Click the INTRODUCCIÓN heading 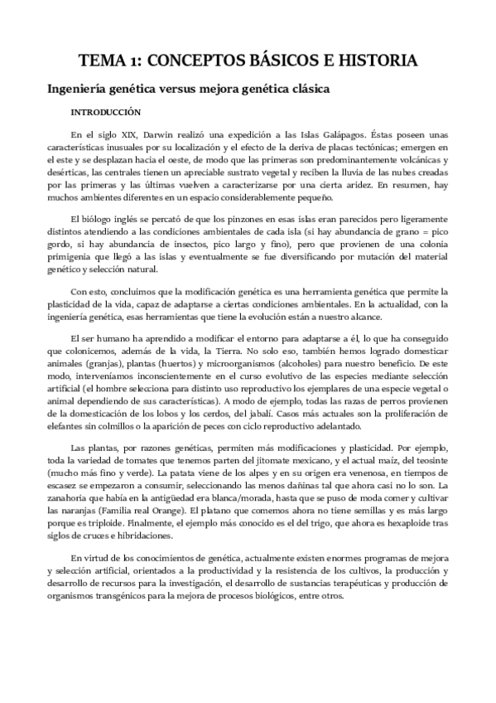pos(105,111)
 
